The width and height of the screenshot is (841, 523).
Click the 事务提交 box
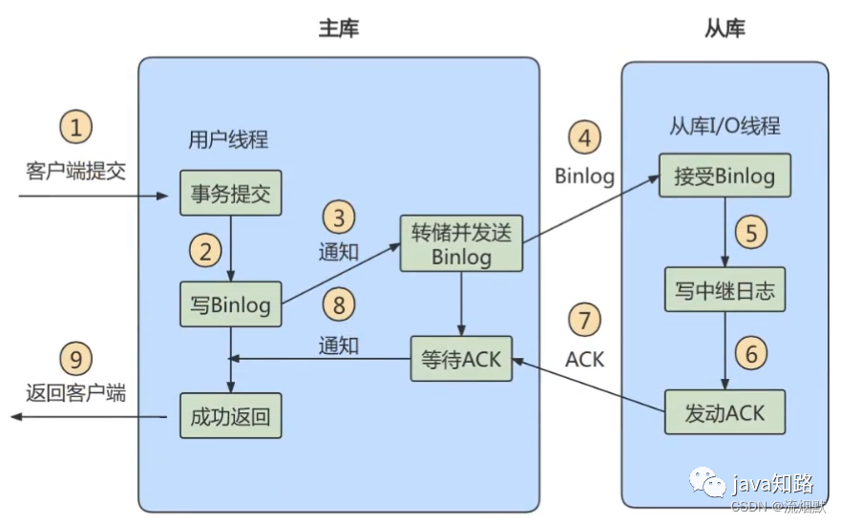click(x=231, y=193)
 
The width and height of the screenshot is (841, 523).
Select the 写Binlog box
click(x=231, y=304)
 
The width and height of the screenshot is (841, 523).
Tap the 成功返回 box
click(x=231, y=416)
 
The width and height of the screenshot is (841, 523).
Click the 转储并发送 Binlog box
click(x=461, y=243)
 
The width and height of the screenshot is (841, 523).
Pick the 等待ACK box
click(x=461, y=359)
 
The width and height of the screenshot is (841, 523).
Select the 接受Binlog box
click(x=725, y=176)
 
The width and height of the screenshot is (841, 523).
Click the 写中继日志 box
click(x=725, y=290)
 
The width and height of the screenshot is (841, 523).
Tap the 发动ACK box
click(x=725, y=412)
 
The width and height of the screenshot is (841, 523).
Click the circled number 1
click(x=75, y=127)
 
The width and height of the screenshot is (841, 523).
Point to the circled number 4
click(x=584, y=136)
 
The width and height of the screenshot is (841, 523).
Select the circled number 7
click(x=584, y=320)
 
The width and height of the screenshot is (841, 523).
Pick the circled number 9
click(x=75, y=358)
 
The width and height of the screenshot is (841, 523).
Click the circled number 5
click(x=751, y=232)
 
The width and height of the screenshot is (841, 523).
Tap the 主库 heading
click(x=339, y=29)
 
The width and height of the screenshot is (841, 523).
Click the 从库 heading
click(x=725, y=29)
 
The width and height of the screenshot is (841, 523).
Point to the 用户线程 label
click(x=228, y=139)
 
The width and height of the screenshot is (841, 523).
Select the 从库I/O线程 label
click(x=725, y=126)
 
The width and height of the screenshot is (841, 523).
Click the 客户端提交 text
click(x=75, y=171)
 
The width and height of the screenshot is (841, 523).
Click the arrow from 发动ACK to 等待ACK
click(x=589, y=386)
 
